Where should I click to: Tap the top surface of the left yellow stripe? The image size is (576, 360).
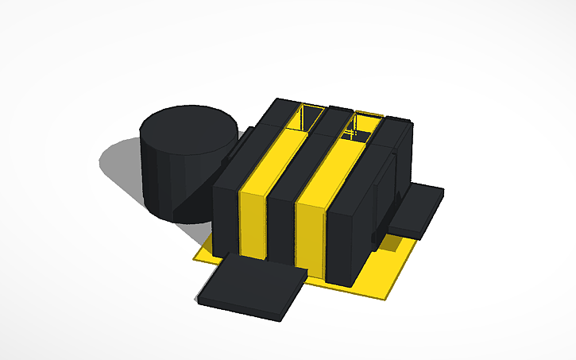tap(274, 159)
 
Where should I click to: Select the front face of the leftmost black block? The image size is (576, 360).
tap(226, 215)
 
